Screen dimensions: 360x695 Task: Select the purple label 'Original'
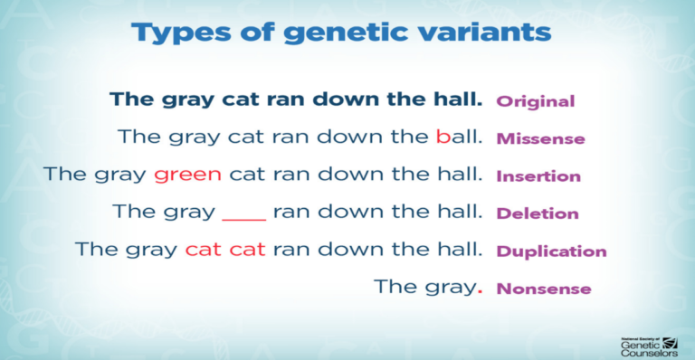pyautogui.click(x=535, y=101)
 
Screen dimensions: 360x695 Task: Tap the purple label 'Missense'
pyautogui.click(x=540, y=139)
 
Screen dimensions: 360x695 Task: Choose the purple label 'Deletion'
pyautogui.click(x=538, y=214)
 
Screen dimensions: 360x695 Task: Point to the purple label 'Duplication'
pyautogui.click(x=551, y=251)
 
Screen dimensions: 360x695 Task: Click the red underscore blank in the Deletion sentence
pyautogui.click(x=243, y=218)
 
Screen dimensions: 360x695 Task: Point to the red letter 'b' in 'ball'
pyautogui.click(x=443, y=137)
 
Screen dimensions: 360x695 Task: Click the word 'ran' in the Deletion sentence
pyautogui.click(x=291, y=213)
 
